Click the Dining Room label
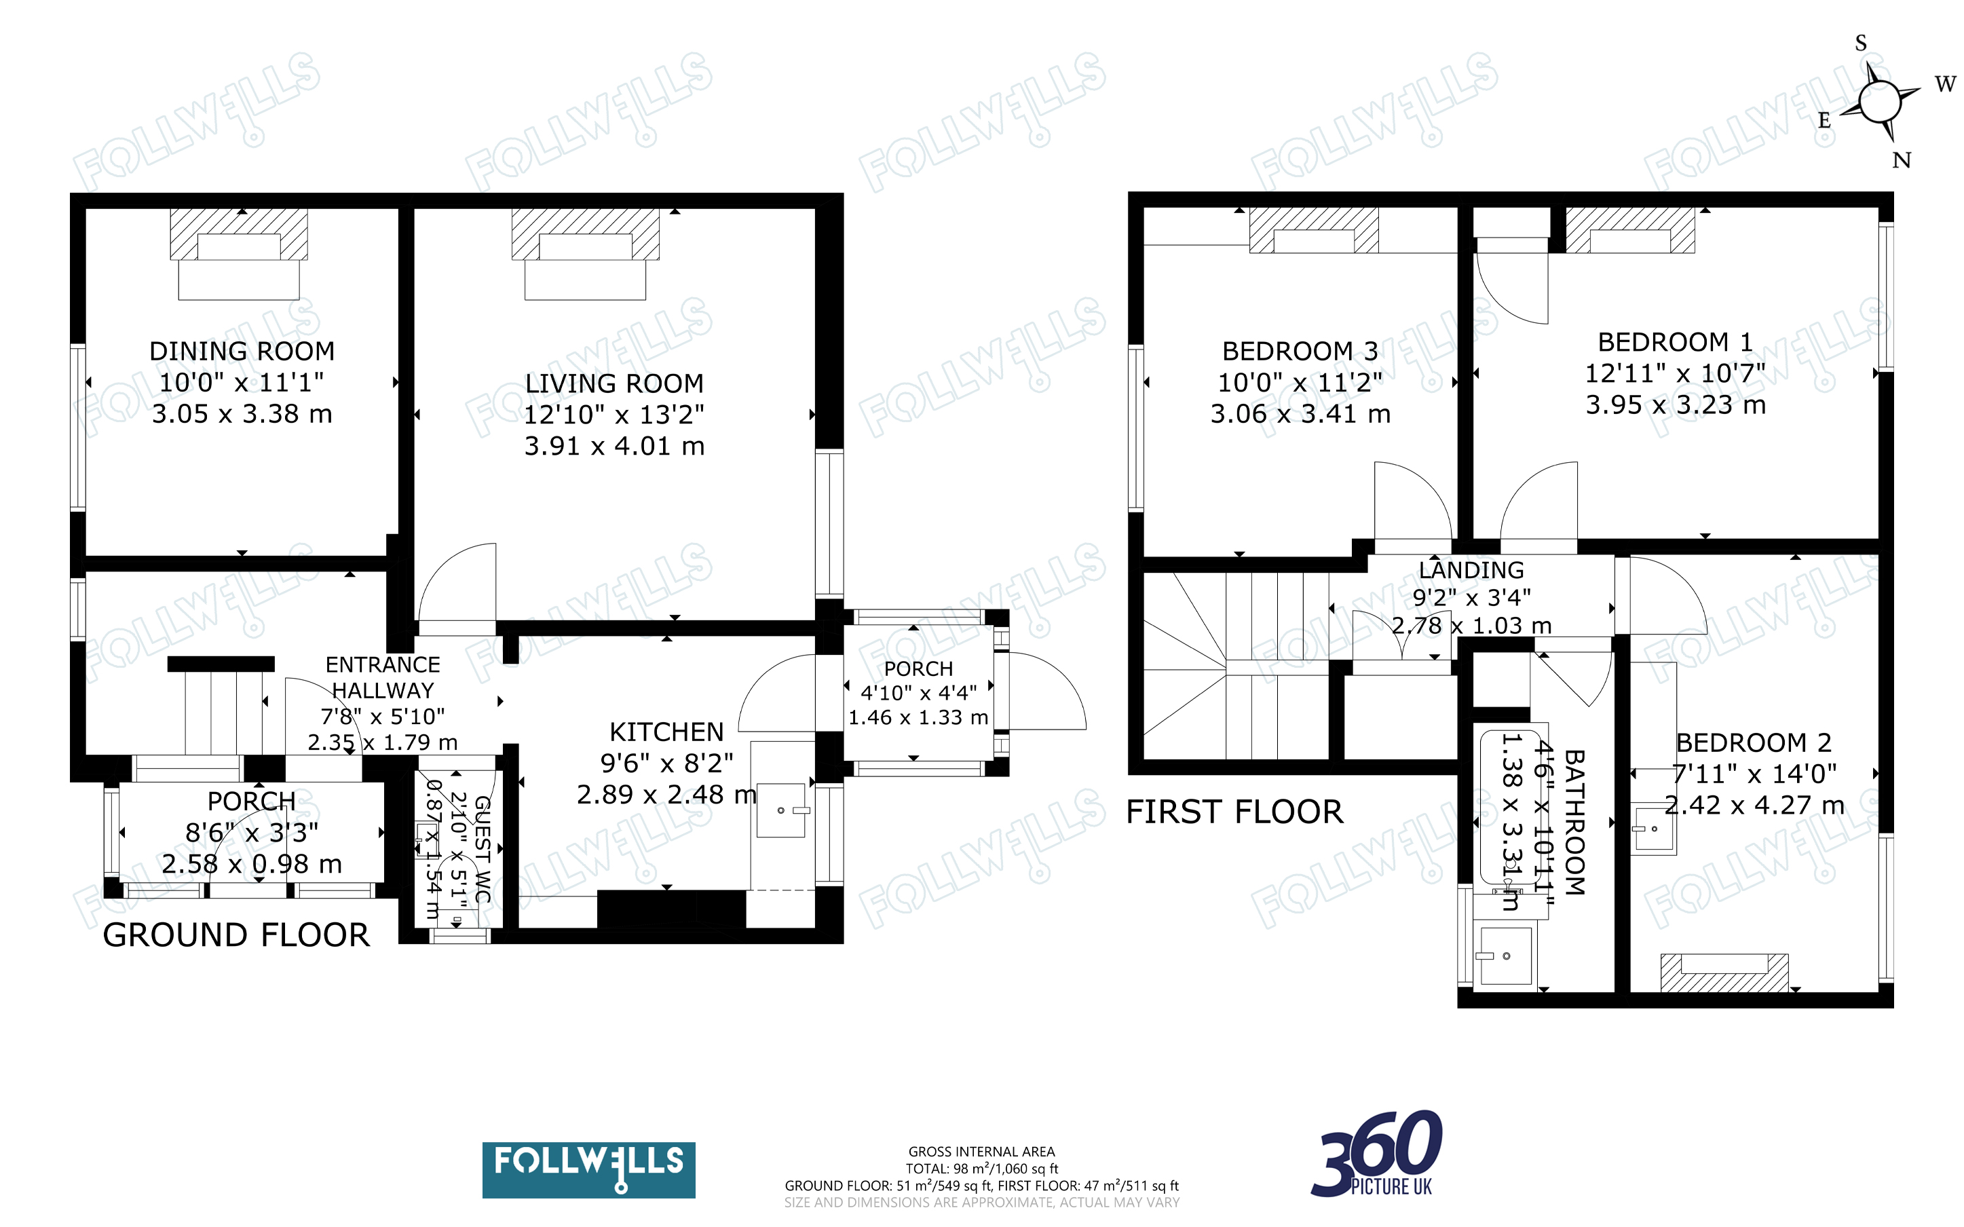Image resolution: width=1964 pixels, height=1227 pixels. point(242,351)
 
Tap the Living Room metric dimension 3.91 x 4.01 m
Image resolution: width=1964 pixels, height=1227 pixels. point(614,445)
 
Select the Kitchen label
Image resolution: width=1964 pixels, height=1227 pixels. point(666,732)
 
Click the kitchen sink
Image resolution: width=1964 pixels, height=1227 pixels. point(781,810)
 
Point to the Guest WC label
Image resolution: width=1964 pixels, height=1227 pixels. point(483,849)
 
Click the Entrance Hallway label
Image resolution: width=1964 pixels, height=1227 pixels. point(382,677)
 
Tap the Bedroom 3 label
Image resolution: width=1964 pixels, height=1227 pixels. point(1300,351)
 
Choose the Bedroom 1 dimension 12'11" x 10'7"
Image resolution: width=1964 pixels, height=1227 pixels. point(1675,373)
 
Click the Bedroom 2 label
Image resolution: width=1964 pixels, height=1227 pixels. point(1753,742)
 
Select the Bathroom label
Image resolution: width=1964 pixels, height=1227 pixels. point(1574,821)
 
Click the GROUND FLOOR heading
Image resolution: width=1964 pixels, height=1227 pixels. point(236,935)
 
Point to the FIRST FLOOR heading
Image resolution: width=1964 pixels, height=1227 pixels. point(1234,812)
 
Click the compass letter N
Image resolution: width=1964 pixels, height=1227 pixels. point(1902,160)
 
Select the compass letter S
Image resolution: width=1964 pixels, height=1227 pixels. point(1861,43)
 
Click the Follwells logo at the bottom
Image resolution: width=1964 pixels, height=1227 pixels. point(588,1169)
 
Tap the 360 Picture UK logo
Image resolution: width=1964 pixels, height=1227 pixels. point(1377,1154)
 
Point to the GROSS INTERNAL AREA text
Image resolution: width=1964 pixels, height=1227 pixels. point(981,1152)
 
